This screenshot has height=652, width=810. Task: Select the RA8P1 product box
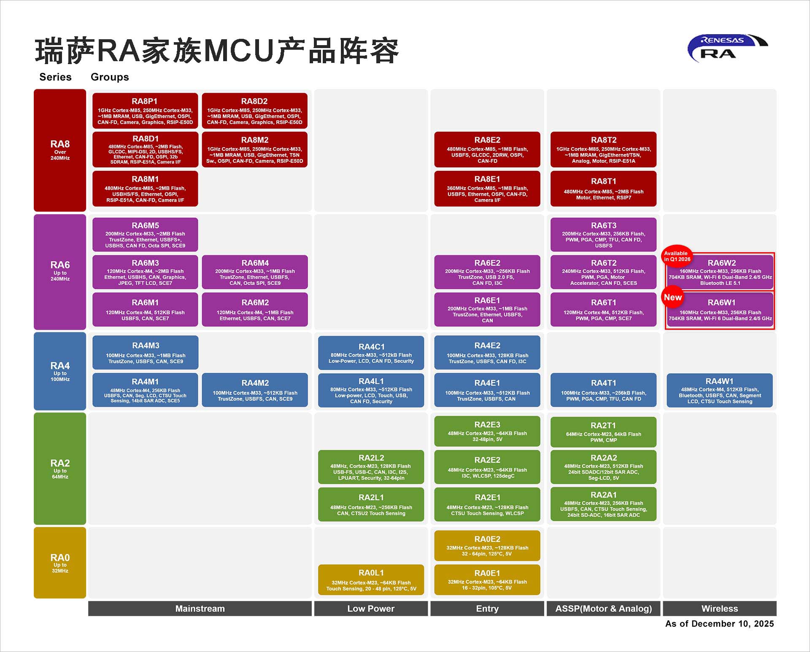(145, 110)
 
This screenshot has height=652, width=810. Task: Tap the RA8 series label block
(60, 150)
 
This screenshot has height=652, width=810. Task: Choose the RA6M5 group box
(145, 234)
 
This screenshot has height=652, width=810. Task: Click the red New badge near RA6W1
(672, 297)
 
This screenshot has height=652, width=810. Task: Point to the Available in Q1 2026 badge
(677, 256)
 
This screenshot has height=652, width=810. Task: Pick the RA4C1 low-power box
(371, 353)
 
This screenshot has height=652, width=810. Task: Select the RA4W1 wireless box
(719, 391)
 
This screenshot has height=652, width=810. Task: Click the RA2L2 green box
(371, 467)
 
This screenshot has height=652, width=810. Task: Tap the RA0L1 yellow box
(371, 579)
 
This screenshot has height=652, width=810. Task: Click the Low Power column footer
(371, 609)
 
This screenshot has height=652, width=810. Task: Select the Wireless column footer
(719, 609)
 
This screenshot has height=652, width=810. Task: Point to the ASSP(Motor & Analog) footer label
(603, 609)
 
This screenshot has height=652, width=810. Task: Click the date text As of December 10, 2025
(719, 624)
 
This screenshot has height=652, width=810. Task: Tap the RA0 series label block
(60, 563)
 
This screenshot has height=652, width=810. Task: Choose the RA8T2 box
(603, 149)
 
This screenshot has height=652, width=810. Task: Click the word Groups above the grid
(110, 77)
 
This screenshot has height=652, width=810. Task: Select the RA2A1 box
(603, 504)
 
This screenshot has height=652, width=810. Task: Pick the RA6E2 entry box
(487, 272)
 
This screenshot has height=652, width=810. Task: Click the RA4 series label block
(60, 371)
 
